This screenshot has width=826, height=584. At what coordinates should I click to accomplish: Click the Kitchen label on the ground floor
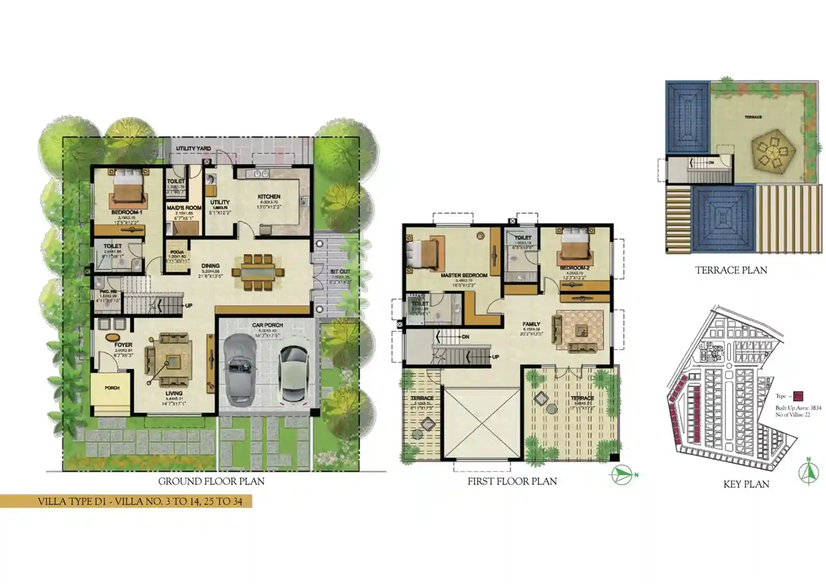point(269,196)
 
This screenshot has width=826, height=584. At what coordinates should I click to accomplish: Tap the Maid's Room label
point(184,208)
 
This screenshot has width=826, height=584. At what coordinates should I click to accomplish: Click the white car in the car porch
point(293,374)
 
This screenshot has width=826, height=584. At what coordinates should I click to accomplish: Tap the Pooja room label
point(177,252)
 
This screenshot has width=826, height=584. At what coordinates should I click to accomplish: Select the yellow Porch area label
point(112,388)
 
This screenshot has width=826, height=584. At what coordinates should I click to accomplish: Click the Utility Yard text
point(193,149)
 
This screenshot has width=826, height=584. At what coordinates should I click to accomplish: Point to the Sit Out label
point(340,272)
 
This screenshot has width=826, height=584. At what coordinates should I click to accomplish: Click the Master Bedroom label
point(464,276)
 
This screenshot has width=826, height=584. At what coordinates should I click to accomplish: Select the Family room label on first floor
point(531,324)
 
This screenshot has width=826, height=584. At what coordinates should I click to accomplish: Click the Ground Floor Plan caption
point(211,481)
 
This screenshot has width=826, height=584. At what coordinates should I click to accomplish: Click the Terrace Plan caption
point(730,270)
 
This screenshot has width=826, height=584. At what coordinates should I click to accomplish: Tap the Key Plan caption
point(746,484)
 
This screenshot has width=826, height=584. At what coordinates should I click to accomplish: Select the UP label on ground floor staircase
point(189,306)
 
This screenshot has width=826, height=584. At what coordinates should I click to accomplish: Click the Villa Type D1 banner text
point(140,501)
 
